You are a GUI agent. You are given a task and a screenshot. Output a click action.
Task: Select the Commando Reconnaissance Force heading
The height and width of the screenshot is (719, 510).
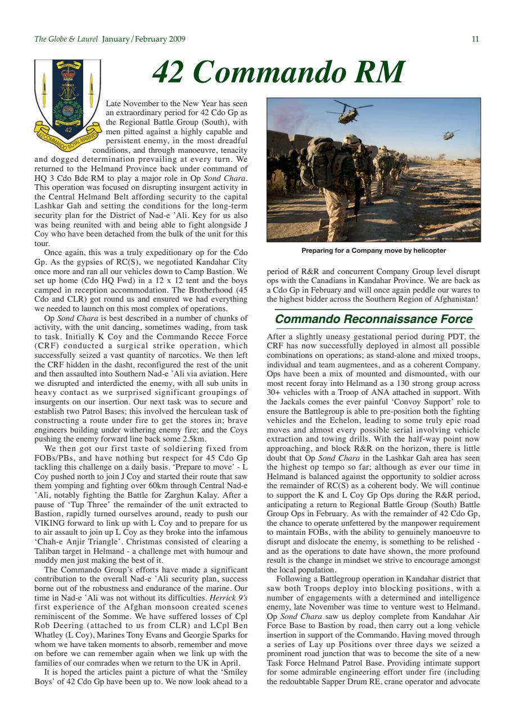tap(373, 320)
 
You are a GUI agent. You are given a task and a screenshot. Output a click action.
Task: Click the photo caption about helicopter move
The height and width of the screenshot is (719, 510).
tap(373, 250)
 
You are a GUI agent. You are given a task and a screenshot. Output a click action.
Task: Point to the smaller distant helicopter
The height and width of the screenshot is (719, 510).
tap(450, 135)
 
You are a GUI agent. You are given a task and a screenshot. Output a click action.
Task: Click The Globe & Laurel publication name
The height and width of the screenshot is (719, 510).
tap(66, 39)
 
